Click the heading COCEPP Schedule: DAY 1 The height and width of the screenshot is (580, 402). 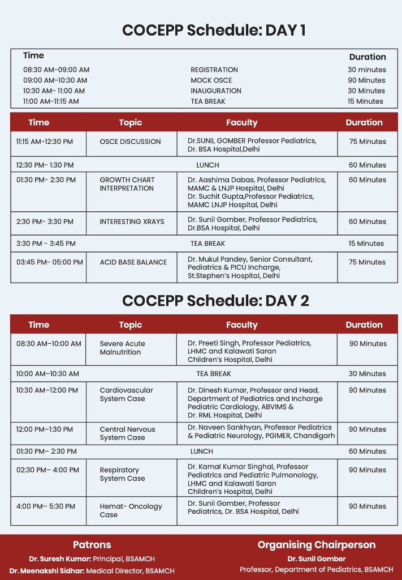(x=214, y=31)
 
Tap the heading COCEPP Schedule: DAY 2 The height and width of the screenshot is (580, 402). (x=215, y=300)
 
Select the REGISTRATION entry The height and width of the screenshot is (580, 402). (x=214, y=70)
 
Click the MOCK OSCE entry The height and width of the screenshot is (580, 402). (x=211, y=80)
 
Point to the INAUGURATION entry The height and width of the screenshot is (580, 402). (x=215, y=91)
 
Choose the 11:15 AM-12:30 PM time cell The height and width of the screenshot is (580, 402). (x=48, y=142)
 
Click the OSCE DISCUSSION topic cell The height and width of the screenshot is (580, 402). (x=130, y=142)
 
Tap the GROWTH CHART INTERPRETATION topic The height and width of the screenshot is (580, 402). (x=127, y=184)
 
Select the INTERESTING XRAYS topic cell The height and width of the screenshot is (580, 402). (x=132, y=221)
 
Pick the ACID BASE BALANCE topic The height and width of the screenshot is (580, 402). (x=133, y=262)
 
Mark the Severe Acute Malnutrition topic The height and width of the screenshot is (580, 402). (x=122, y=348)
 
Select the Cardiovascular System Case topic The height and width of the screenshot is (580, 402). (x=126, y=394)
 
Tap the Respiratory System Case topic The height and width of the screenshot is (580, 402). (x=122, y=474)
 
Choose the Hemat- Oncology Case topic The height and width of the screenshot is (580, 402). (x=131, y=510)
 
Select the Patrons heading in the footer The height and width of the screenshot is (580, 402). (x=92, y=545)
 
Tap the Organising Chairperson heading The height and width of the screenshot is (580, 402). (x=316, y=545)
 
